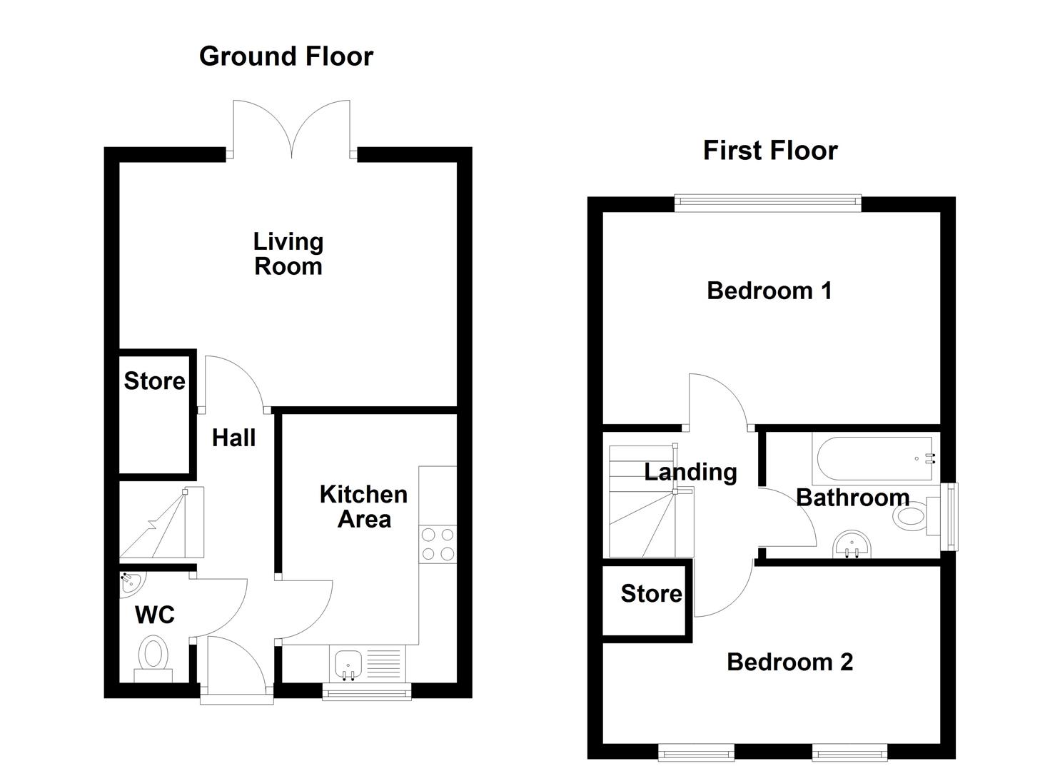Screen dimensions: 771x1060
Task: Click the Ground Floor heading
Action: pos(286,56)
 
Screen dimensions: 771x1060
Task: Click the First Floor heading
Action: pos(769,151)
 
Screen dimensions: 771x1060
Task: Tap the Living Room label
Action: pos(288,254)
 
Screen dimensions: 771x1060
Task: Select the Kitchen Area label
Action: pos(363,507)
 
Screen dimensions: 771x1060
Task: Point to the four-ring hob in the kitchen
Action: pos(438,544)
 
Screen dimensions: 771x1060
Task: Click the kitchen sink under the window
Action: pos(348,665)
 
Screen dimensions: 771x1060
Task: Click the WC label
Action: pos(154,615)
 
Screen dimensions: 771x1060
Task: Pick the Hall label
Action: pos(233,438)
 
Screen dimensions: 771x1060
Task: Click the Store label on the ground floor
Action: pos(154,381)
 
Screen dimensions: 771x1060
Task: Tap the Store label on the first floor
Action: pos(651,594)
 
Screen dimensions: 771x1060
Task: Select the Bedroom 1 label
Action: pos(769,291)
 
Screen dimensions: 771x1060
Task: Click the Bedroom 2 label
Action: pos(789,662)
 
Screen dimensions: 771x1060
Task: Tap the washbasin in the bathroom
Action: pos(851,545)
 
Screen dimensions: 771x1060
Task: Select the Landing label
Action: pos(690,473)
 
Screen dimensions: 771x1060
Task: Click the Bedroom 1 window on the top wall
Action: pos(767,204)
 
